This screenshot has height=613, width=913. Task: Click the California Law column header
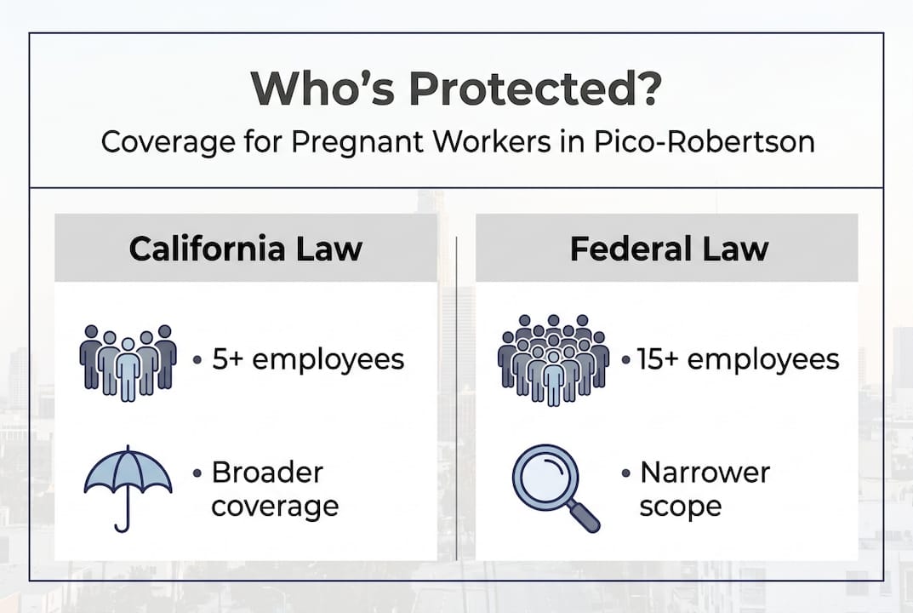pyautogui.click(x=246, y=249)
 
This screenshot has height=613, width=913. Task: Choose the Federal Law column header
pyautogui.click(x=669, y=249)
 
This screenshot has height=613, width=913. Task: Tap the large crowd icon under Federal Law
pyautogui.click(x=553, y=360)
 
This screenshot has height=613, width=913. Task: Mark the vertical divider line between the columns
pyautogui.click(x=457, y=400)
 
